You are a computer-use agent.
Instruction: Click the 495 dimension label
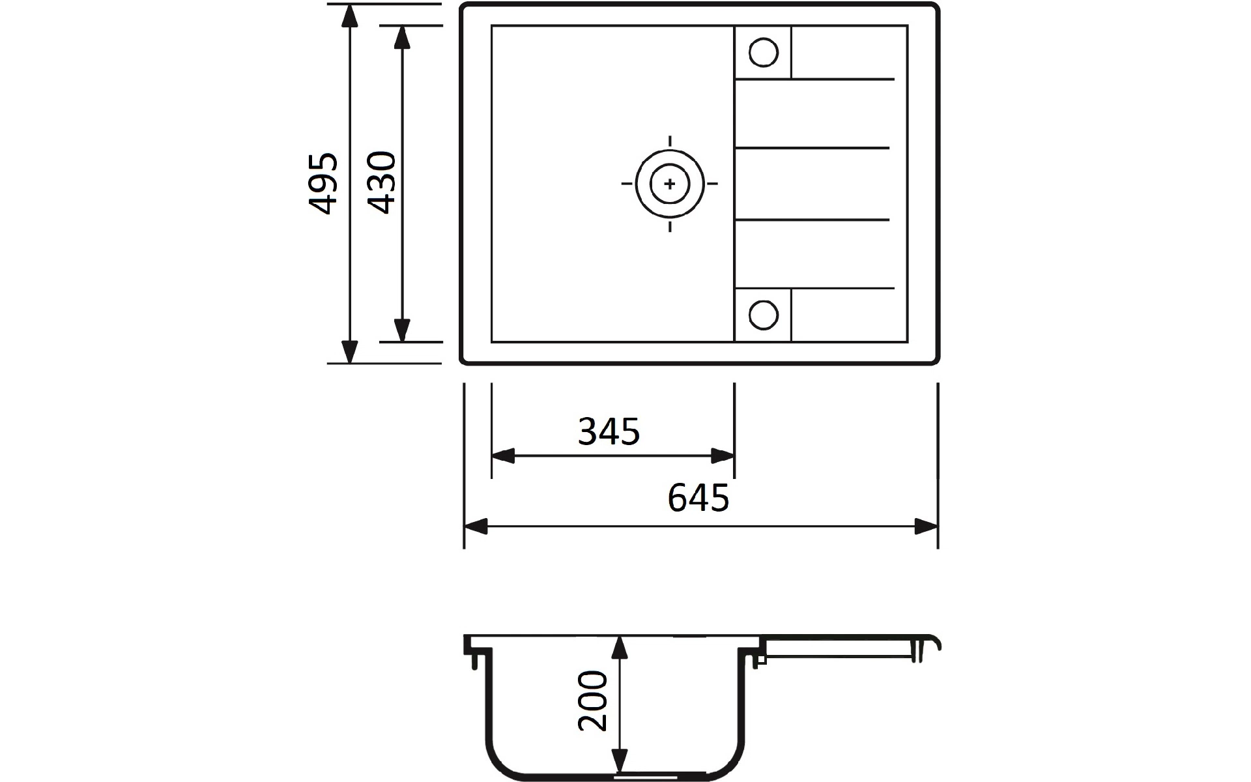tap(324, 184)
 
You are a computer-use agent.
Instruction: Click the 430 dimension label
tap(381, 183)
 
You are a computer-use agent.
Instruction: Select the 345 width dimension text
tap(609, 431)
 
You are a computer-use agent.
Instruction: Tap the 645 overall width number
tap(698, 499)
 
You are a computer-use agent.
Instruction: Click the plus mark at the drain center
tap(670, 184)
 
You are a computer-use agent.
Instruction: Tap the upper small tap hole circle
tap(763, 53)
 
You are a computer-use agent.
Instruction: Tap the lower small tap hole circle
tap(763, 315)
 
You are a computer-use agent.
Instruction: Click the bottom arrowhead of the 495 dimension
tap(350, 351)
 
